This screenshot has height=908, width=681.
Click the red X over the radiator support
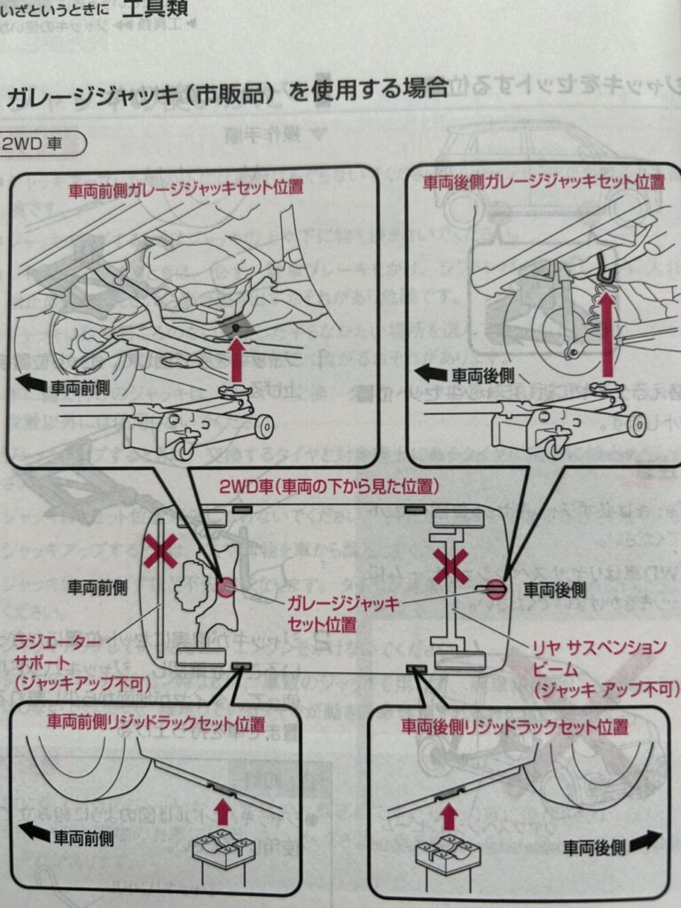pyautogui.click(x=160, y=553)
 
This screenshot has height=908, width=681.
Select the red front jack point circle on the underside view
pyautogui.click(x=225, y=588)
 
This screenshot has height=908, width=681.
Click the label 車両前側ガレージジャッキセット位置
pyautogui.click(x=185, y=188)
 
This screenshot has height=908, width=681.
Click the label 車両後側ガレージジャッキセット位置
pyautogui.click(x=543, y=183)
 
